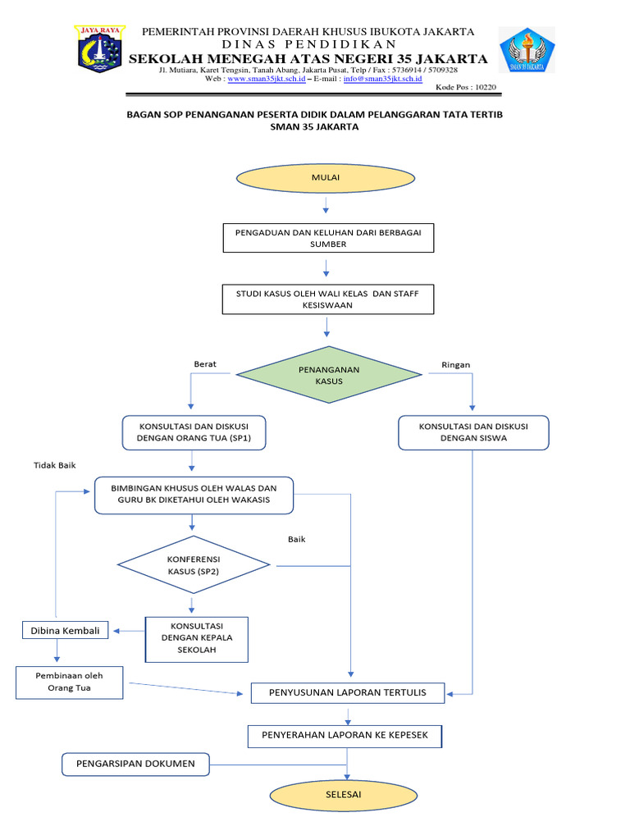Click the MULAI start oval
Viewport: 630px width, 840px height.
[326, 177]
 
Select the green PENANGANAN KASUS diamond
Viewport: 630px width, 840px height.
[328, 375]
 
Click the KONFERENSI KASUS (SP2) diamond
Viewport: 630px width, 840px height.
[194, 564]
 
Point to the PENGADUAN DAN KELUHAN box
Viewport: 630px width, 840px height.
[328, 238]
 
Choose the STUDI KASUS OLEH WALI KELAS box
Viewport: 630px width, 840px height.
[328, 299]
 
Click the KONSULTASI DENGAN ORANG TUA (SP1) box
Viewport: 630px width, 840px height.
[194, 432]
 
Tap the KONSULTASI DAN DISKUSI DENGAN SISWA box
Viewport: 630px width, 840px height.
[473, 432]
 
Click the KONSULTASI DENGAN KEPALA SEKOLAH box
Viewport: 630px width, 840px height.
[195, 639]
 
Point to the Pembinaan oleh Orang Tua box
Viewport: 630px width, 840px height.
[70, 682]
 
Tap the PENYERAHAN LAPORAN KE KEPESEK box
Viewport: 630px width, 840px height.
[345, 735]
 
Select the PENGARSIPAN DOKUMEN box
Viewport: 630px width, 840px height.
[135, 764]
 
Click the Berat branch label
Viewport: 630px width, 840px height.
[205, 364]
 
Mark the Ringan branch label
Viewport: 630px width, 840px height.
[455, 364]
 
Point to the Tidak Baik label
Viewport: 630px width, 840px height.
[54, 465]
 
